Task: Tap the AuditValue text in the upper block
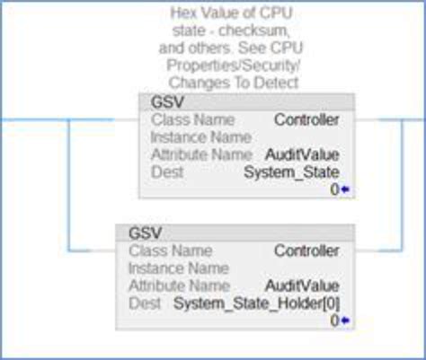tap(308, 154)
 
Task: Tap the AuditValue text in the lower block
tap(308, 285)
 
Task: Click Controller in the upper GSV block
tap(306, 119)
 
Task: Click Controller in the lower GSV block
tap(306, 250)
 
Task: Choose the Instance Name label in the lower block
tap(167, 268)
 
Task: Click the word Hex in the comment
tap(183, 13)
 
